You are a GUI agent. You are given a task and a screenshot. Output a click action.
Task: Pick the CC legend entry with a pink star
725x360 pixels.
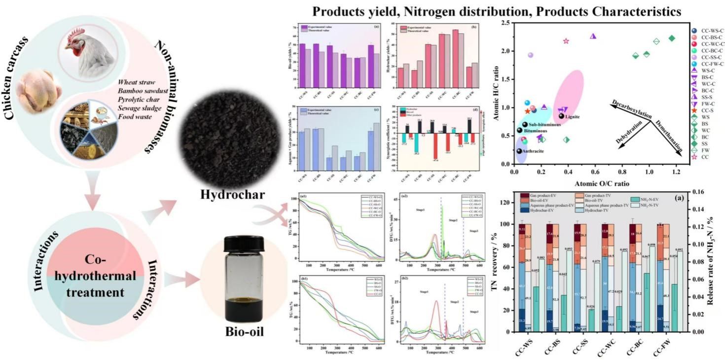coord(701,157)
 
